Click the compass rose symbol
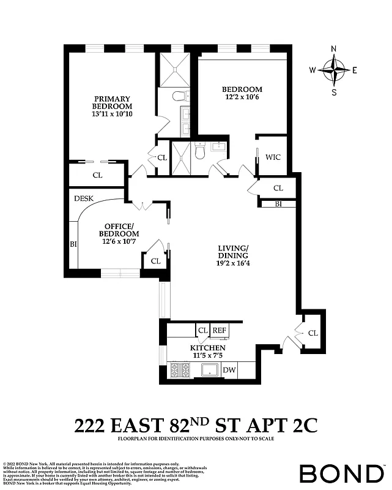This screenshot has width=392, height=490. pos(334,70)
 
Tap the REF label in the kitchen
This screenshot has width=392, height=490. pos(220,331)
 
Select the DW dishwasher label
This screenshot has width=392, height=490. pos(229,370)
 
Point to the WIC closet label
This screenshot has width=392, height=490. pos(273,157)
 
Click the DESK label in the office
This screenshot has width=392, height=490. pos(83,198)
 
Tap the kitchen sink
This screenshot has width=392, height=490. pos(211,370)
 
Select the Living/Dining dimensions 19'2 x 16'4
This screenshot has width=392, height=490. pos(233,264)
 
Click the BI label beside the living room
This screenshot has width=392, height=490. pos(278,203)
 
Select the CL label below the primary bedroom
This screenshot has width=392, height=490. pos(97,175)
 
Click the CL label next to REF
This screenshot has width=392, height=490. pos(202,331)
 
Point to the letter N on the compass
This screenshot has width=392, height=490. pos(334,50)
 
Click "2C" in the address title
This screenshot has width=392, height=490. pos(302,424)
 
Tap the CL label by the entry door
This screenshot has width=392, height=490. pos(313,333)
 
